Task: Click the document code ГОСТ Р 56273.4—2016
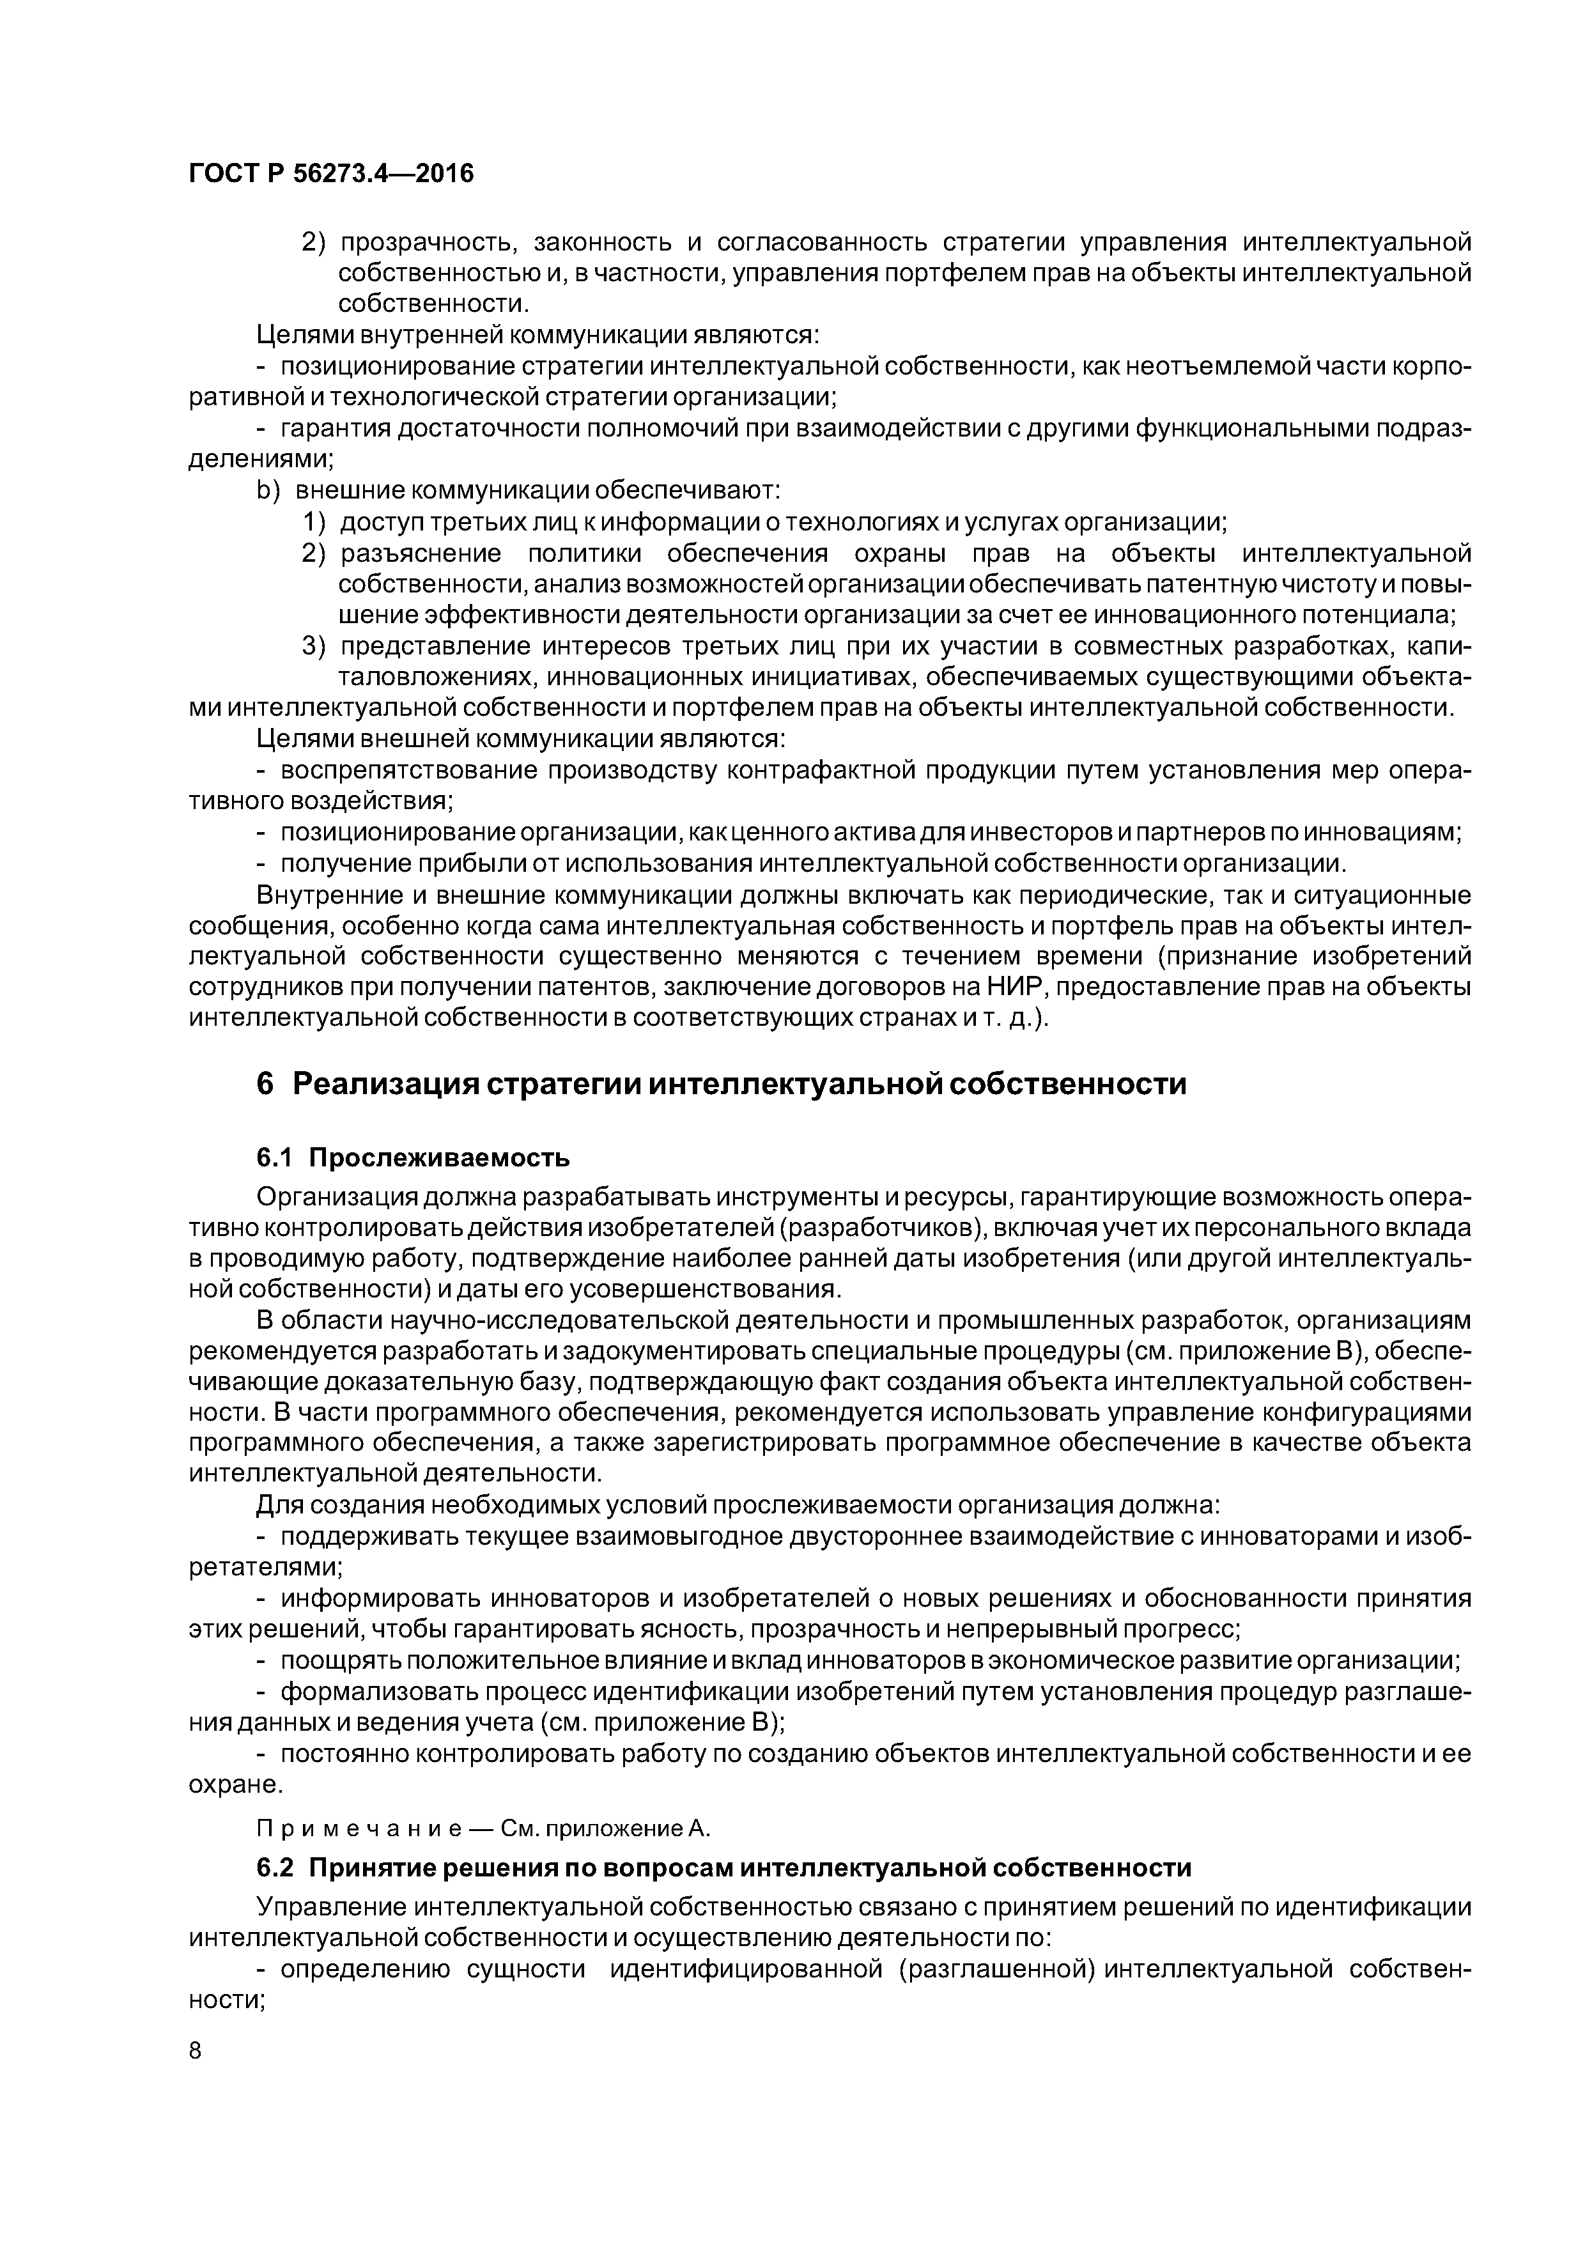click(330, 174)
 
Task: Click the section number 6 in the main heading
click(264, 1084)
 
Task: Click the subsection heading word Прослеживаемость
click(438, 1158)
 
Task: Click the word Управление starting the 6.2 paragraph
click(330, 1907)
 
